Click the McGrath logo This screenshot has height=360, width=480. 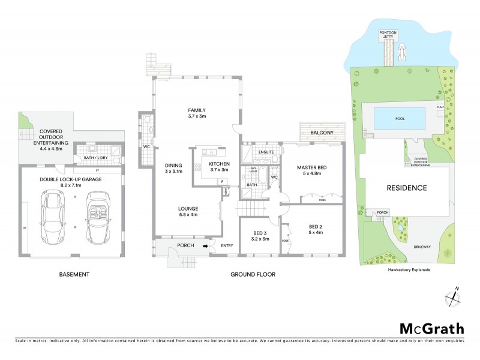pos(432,328)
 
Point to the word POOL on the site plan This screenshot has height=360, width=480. pos(400,118)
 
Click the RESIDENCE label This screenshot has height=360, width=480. pos(406,188)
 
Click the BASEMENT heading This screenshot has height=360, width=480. pos(75,274)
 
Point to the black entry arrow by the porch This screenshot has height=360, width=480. pos(205,245)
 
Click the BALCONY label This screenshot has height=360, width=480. pos(322,133)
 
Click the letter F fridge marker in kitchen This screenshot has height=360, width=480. pos(222,181)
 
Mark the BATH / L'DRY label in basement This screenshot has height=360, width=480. pos(97,158)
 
